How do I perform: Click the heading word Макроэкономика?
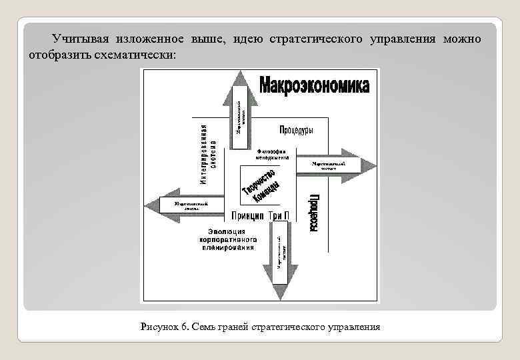[313, 87]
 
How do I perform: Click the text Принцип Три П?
[260, 215]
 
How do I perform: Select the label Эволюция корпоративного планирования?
[227, 239]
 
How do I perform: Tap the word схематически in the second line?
[141, 54]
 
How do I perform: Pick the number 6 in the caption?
[184, 327]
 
